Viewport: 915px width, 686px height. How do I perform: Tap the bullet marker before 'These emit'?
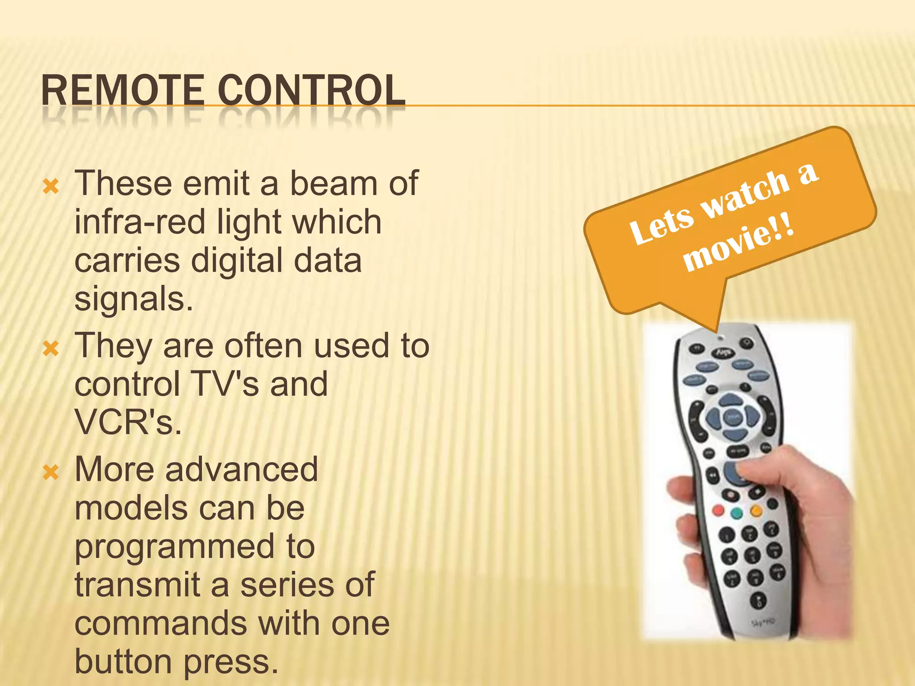51,186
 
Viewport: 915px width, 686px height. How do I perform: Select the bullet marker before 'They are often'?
51,348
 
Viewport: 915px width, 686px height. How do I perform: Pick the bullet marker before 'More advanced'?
51,472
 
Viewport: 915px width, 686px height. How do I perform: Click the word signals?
133,299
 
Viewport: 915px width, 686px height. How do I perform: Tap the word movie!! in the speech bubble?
739,244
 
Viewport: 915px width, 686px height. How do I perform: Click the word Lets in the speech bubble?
661,226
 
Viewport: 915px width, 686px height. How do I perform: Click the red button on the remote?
718,510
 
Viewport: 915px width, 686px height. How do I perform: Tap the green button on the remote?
737,513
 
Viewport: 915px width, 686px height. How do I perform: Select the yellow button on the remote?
756,510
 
